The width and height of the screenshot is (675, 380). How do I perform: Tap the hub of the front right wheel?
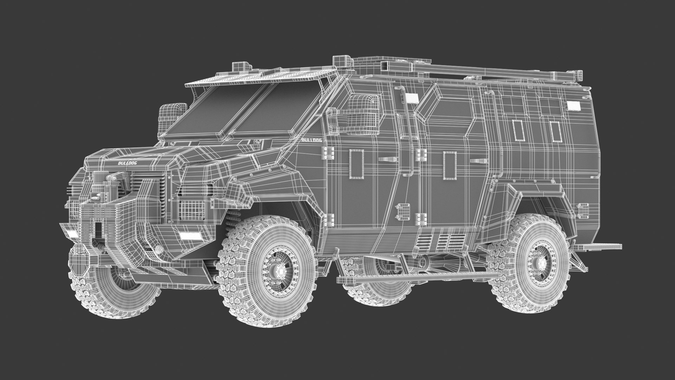[x=280, y=271]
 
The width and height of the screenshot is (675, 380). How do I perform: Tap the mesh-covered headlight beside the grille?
[x=192, y=210]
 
